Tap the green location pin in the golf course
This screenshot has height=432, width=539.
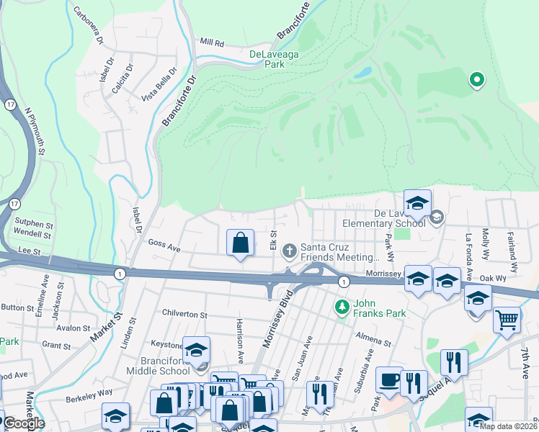[476, 80]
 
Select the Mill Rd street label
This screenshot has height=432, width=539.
[213, 43]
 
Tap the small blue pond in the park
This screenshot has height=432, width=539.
[362, 73]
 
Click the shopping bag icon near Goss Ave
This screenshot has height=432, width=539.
[241, 243]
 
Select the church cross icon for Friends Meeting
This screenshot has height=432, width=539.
[289, 251]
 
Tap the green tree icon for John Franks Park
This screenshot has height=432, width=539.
[341, 307]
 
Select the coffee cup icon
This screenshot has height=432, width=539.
[389, 379]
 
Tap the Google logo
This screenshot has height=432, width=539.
[23, 423]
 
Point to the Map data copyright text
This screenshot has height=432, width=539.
[508, 426]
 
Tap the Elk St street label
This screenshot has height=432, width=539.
[274, 240]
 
